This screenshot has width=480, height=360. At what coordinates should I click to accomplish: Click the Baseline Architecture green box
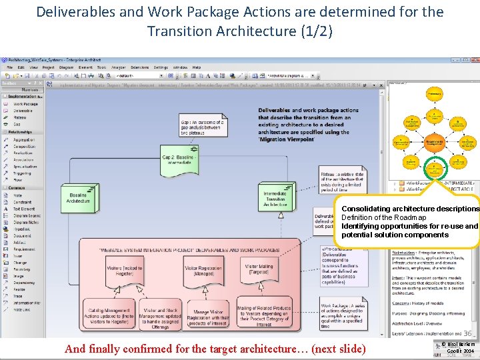click(78, 198)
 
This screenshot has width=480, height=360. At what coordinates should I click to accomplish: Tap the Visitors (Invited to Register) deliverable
click(125, 272)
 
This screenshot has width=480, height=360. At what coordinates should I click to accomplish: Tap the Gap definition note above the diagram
click(202, 126)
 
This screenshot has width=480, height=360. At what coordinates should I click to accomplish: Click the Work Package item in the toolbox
click(25, 104)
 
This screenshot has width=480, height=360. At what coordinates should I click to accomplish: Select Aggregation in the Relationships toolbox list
click(24, 140)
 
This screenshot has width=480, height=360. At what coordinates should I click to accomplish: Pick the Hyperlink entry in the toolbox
click(22, 229)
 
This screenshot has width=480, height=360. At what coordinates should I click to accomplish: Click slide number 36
click(468, 333)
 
